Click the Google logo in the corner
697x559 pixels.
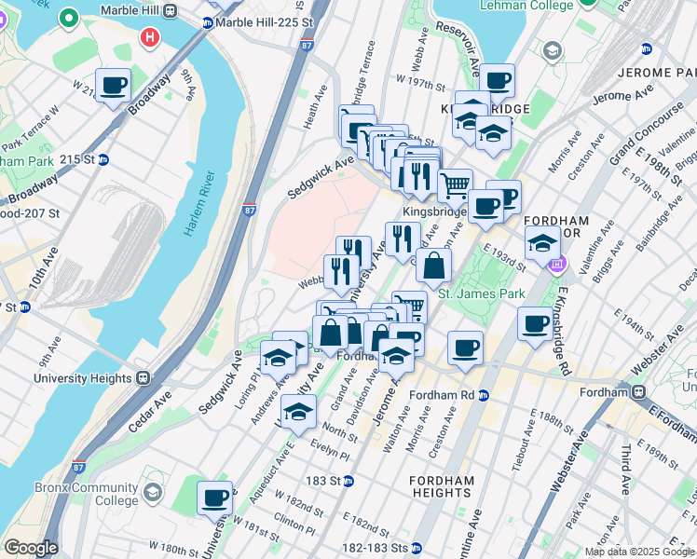30,548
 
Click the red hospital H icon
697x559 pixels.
148,38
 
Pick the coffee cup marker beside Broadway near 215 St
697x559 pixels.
115,86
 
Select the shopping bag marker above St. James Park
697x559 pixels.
433,266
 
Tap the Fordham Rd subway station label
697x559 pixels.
442,395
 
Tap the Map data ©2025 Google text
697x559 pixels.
638,552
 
